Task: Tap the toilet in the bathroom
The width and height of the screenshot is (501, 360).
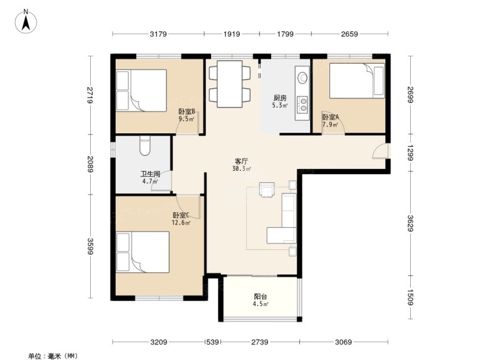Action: (145, 146)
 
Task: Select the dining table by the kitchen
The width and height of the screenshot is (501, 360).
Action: (229, 84)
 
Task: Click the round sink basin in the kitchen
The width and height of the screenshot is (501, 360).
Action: (302, 77)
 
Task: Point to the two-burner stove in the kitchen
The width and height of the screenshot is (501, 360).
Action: (302, 104)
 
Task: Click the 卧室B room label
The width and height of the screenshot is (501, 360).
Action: (187, 112)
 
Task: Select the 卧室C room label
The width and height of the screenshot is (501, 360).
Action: (181, 215)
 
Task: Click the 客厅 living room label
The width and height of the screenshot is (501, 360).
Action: (242, 162)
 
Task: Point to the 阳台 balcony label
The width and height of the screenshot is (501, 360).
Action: (261, 297)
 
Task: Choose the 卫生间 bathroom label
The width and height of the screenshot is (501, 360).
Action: (150, 174)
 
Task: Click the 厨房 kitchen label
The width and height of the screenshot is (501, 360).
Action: (280, 98)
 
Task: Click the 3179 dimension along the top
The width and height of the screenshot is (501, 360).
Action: (158, 34)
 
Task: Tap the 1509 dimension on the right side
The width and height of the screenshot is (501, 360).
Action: (410, 297)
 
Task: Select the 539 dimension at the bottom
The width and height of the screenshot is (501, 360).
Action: (212, 342)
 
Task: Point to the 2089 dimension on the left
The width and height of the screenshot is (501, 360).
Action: (90, 164)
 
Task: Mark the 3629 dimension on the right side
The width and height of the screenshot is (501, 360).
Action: (410, 223)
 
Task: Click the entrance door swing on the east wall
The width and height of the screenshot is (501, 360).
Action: (380, 151)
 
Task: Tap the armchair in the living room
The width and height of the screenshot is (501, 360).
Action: (267, 190)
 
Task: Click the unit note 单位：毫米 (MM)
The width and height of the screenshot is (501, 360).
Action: (53, 355)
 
